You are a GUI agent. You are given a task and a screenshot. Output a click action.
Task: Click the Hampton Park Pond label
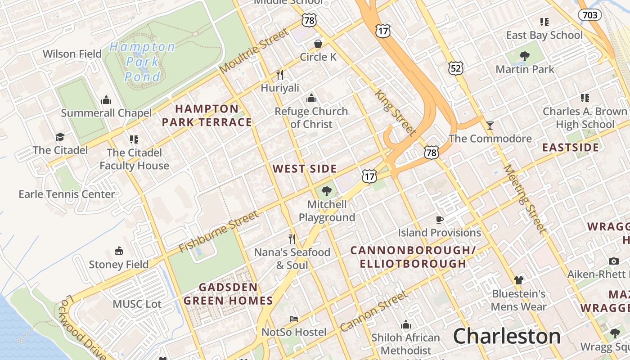(x=142, y=62)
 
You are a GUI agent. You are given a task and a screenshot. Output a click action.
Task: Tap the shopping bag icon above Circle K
(x=318, y=44)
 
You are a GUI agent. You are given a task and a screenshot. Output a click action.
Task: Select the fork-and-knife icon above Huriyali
(x=280, y=74)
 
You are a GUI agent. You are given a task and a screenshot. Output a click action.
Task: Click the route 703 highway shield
(x=589, y=15)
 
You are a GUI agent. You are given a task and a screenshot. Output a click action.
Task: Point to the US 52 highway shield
(x=456, y=68)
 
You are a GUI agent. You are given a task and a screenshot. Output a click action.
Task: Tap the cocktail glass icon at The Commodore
(x=490, y=125)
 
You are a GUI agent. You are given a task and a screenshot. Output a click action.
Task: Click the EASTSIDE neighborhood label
(x=570, y=148)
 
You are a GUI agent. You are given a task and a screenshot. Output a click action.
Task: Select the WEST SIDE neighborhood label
(x=305, y=169)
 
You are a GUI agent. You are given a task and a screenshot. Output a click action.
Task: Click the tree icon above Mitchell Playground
(x=327, y=191)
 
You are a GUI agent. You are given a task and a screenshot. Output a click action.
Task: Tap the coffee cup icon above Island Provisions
(x=440, y=220)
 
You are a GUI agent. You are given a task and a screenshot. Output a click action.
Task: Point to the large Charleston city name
(x=507, y=336)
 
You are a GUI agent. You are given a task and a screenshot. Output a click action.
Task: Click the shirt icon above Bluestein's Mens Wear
(x=518, y=280)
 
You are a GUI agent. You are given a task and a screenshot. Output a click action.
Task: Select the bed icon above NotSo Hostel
(x=294, y=319)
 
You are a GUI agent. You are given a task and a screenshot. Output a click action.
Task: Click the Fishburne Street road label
(x=219, y=232)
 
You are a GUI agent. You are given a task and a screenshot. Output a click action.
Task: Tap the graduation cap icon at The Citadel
(x=60, y=137)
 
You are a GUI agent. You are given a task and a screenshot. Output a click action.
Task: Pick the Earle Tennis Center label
(x=67, y=194)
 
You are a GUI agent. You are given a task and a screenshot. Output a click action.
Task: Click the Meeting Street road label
(x=525, y=199)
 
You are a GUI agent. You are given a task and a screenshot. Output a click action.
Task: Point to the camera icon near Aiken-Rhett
(x=613, y=261)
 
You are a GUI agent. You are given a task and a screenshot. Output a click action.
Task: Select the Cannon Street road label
(x=374, y=311)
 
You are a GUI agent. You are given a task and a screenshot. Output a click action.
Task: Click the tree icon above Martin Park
(x=524, y=56)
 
